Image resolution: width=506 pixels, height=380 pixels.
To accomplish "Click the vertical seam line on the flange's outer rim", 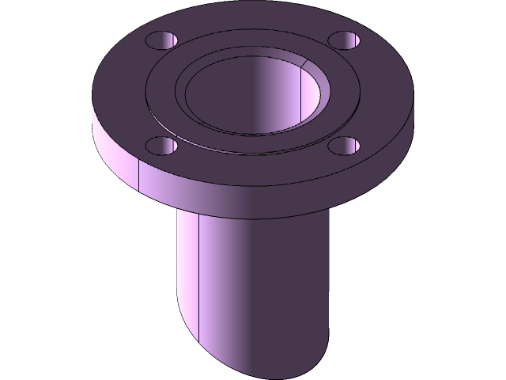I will tap(139, 176).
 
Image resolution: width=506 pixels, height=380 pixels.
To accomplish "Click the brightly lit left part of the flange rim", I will tap(115, 154).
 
